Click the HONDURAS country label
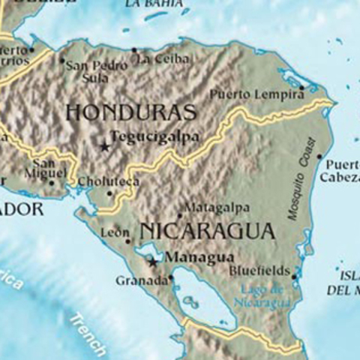[x=131, y=112]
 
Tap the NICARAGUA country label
[x=208, y=230]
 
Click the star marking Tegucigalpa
[x=104, y=146]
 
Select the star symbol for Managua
[x=153, y=262]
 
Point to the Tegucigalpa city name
[x=155, y=137]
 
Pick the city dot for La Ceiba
[x=135, y=50]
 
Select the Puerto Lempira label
[x=256, y=94]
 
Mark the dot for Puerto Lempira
[x=302, y=88]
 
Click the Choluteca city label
[x=108, y=181]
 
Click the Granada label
[x=142, y=281]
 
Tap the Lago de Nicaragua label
[x=262, y=296]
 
